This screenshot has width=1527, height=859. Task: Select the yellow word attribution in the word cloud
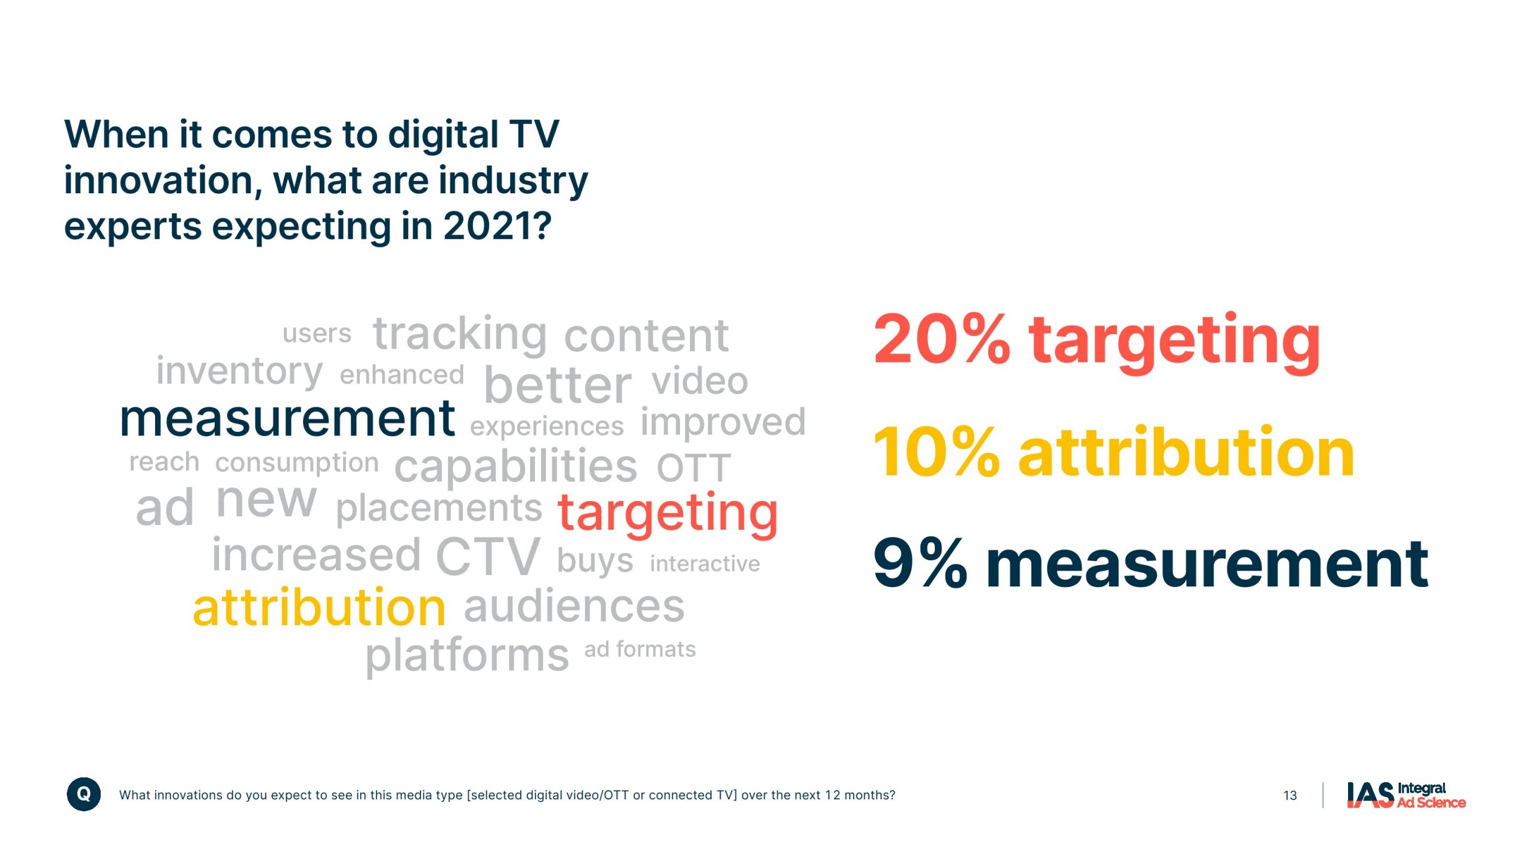click(320, 607)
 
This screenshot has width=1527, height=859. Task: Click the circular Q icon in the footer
click(84, 794)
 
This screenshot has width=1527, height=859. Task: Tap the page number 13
click(1290, 796)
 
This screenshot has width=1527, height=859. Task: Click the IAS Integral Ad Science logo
click(1406, 795)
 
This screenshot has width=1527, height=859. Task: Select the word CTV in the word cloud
click(488, 557)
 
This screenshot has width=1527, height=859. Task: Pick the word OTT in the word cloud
click(694, 468)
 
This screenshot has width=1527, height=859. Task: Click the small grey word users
click(317, 333)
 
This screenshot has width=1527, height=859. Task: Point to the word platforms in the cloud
click(468, 656)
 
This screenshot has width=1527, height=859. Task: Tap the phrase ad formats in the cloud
click(640, 649)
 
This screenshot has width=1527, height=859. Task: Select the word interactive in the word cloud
click(705, 563)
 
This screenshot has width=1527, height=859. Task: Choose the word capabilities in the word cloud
click(516, 466)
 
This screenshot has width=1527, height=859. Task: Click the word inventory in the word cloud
click(240, 371)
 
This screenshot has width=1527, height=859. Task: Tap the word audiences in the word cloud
click(574, 607)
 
